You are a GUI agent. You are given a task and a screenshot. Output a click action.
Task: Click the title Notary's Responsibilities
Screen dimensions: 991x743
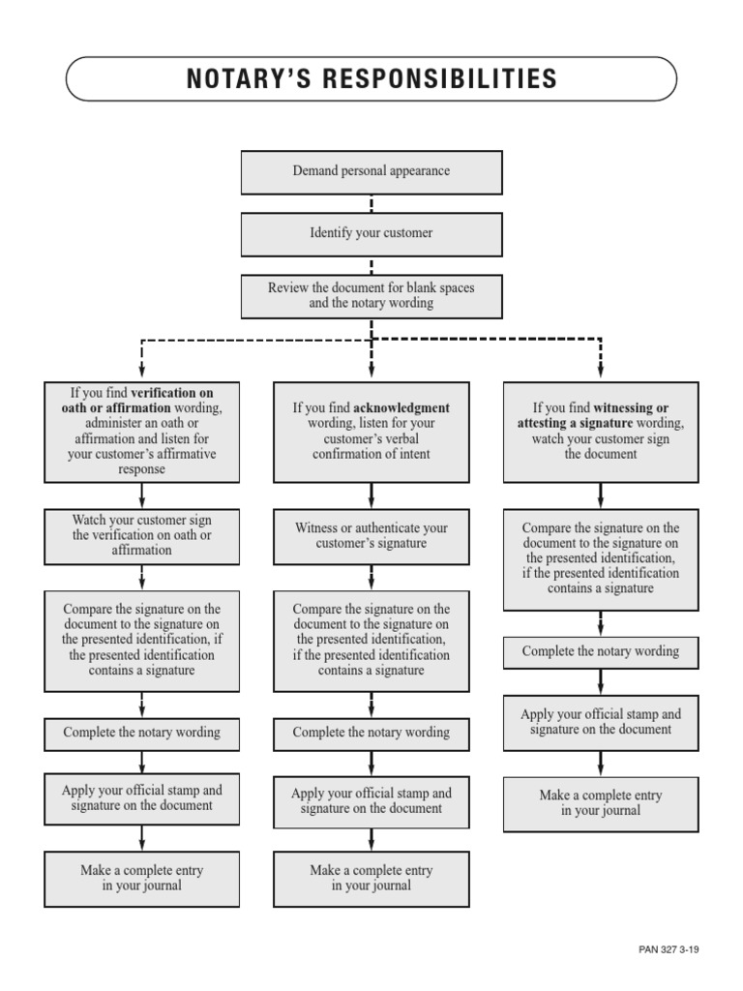pyautogui.click(x=371, y=79)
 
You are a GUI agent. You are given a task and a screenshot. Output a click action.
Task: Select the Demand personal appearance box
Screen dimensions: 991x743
pyautogui.click(x=371, y=171)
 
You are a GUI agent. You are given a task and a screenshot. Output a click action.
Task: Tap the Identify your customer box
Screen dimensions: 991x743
pyautogui.click(x=371, y=233)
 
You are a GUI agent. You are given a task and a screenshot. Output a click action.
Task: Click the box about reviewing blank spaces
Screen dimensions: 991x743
pyautogui.click(x=371, y=295)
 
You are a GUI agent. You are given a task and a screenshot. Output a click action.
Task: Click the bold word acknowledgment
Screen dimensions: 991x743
pyautogui.click(x=401, y=408)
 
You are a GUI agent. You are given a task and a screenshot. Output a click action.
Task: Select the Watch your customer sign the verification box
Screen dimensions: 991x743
pyautogui.click(x=142, y=535)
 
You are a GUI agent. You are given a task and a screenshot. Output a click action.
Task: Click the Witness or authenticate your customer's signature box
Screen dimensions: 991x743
pyautogui.click(x=371, y=536)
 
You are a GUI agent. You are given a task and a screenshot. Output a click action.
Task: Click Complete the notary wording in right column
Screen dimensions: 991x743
pyautogui.click(x=601, y=652)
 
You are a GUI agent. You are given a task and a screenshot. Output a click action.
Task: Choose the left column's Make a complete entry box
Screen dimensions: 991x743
pyautogui.click(x=142, y=878)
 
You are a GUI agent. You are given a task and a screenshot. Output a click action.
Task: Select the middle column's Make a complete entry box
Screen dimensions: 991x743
pyautogui.click(x=371, y=878)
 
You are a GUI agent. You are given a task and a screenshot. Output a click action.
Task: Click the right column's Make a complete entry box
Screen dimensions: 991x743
pyautogui.click(x=601, y=803)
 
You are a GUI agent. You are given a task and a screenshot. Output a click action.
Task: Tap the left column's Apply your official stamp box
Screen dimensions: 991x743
pyautogui.click(x=142, y=797)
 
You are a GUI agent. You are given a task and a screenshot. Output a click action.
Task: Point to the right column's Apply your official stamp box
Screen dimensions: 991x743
pyautogui.click(x=601, y=722)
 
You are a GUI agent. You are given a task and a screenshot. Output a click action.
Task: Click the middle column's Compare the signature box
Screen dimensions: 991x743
pyautogui.click(x=371, y=640)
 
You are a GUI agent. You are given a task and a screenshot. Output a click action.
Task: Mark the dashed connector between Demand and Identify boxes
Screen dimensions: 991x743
pyautogui.click(x=371, y=203)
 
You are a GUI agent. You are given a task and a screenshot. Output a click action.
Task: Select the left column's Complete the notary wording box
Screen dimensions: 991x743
pyautogui.click(x=142, y=733)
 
